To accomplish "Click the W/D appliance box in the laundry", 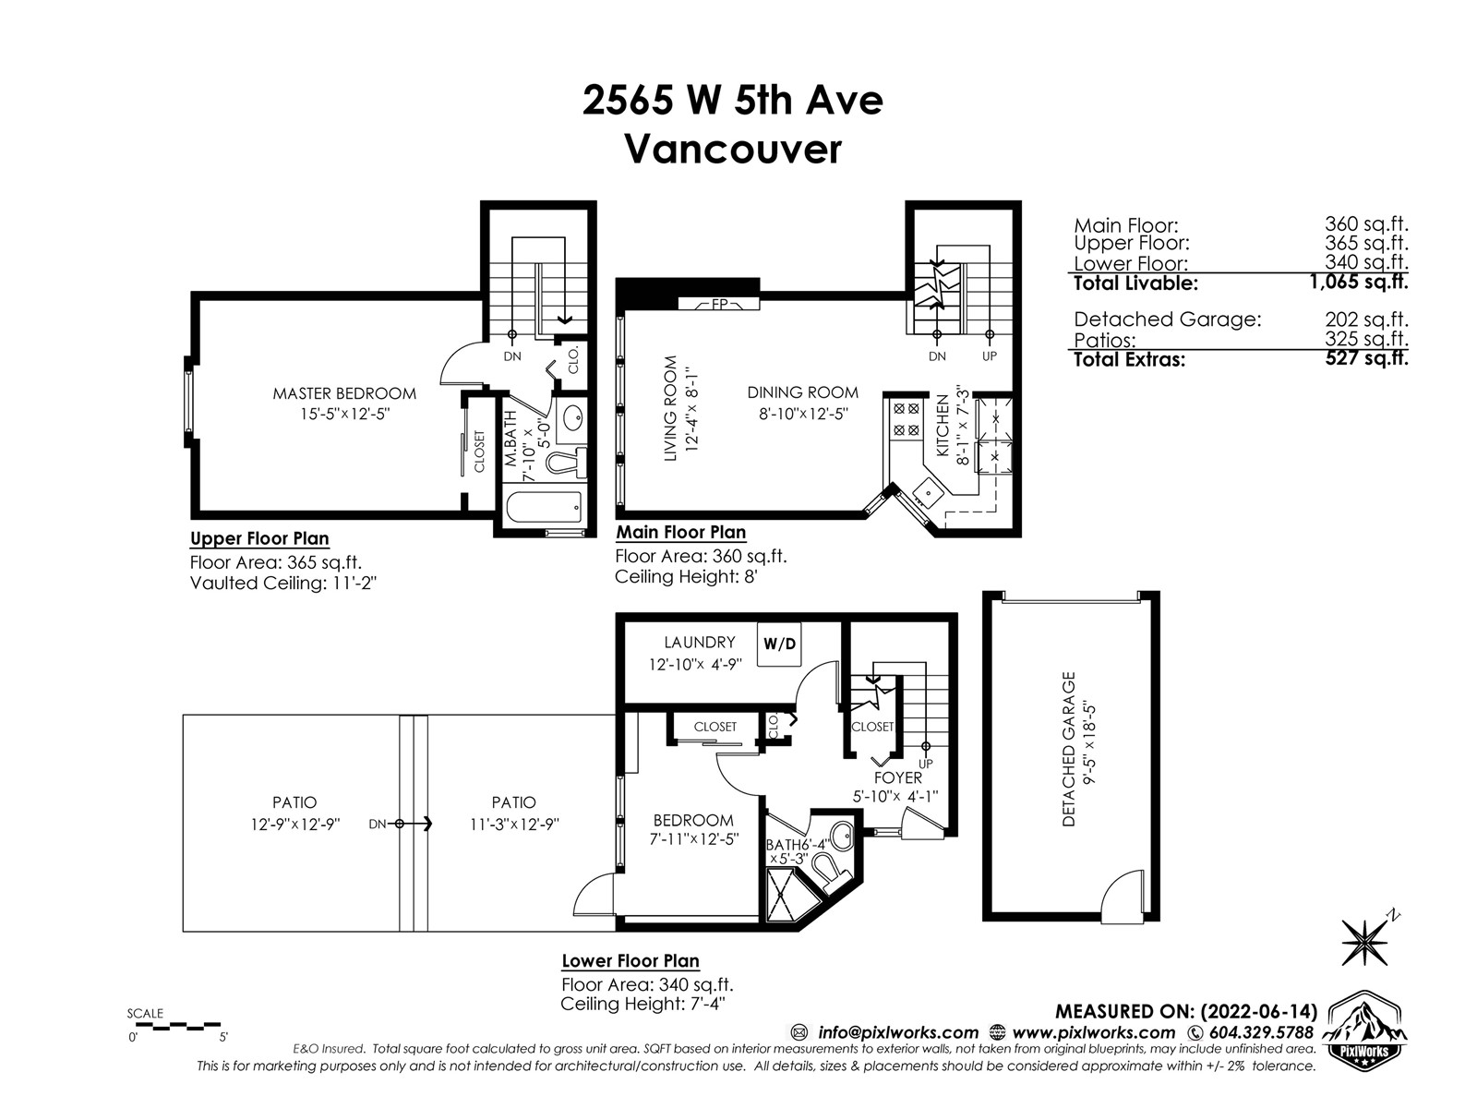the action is click(779, 644).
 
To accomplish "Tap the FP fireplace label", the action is click(719, 304).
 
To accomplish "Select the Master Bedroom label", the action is click(344, 393).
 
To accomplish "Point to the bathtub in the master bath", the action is click(544, 507).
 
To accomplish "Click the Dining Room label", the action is click(803, 392).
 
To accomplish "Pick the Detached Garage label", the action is click(1069, 749).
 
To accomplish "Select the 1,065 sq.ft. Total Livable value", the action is click(1359, 282).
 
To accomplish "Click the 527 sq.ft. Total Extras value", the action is click(1366, 358).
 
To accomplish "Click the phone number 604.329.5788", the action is click(1261, 1032).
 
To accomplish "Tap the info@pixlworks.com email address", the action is click(898, 1032).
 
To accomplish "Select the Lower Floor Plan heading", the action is click(630, 960).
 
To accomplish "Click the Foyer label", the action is click(897, 777).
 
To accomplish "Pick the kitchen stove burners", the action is click(906, 418).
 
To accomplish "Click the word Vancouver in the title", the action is click(733, 150).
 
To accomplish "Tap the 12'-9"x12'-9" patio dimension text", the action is click(295, 825).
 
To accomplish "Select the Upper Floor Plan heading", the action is click(259, 538).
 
